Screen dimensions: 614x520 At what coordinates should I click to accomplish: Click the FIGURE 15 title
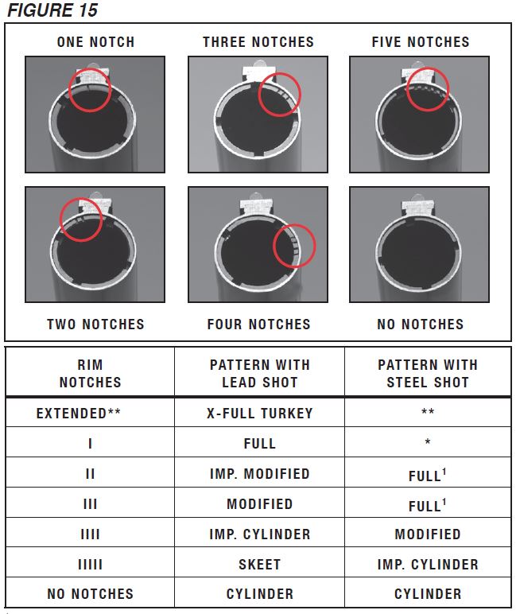[x=54, y=10]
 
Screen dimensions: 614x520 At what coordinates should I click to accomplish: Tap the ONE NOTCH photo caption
[x=95, y=42]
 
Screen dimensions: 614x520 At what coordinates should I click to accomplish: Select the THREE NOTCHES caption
[x=258, y=42]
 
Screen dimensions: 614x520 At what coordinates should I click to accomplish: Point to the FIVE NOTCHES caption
[x=421, y=42]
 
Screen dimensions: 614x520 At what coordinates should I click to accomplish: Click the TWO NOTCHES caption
[x=95, y=324]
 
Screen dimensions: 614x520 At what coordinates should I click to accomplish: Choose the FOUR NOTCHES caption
[x=258, y=324]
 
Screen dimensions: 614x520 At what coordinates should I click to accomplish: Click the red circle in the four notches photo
[x=294, y=247]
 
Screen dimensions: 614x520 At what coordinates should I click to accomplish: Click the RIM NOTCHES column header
[x=90, y=373]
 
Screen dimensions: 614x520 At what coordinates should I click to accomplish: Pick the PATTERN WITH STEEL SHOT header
[x=428, y=373]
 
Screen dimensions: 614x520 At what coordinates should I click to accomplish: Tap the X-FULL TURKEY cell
[x=259, y=413]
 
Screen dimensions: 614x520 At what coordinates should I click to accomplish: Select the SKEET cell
[x=259, y=564]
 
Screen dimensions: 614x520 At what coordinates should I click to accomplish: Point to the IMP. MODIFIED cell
[x=259, y=473]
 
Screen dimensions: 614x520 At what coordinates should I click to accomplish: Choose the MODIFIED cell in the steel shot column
[x=428, y=534]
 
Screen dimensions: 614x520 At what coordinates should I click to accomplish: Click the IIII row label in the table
[x=90, y=534]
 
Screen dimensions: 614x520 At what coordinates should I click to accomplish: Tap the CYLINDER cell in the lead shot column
[x=259, y=593]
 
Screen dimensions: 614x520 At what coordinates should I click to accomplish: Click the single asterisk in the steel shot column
[x=428, y=443]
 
